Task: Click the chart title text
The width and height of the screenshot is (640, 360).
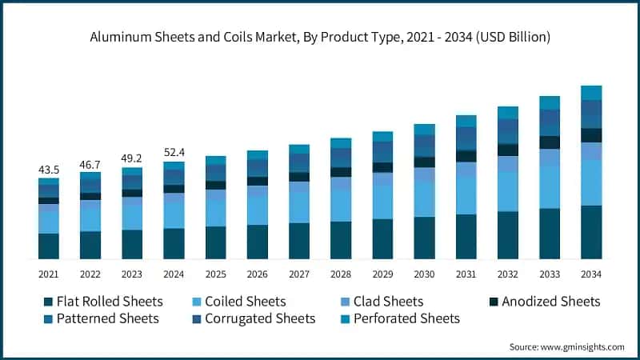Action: [320, 38]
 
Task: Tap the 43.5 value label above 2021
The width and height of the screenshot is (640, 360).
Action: [49, 170]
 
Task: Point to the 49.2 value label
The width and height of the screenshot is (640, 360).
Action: [132, 158]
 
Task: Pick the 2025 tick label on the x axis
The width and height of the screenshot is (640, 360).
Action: [215, 274]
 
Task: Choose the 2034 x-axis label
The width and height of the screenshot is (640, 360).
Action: [591, 274]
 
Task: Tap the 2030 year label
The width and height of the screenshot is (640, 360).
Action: [424, 274]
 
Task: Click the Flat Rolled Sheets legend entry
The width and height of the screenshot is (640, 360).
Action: [103, 302]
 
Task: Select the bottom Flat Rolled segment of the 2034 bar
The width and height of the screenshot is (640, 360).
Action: [591, 232]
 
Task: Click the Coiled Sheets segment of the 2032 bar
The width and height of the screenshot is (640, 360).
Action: [508, 191]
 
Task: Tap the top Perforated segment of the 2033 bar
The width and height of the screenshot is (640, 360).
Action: [550, 102]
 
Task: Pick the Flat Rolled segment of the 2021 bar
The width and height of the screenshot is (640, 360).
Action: [49, 246]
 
